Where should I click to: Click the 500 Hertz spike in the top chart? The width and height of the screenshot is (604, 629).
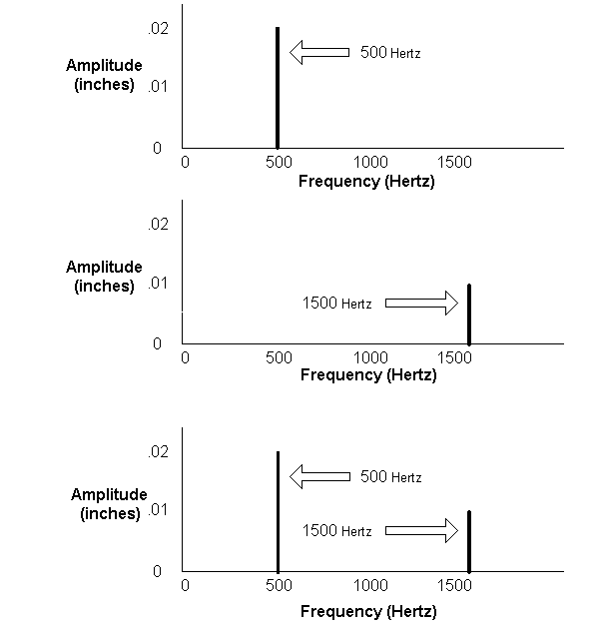(278, 88)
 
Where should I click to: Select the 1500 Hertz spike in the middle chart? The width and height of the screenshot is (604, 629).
(469, 314)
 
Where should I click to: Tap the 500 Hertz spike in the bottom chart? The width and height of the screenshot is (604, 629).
(278, 511)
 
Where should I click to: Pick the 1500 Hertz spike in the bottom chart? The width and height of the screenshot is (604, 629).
(469, 541)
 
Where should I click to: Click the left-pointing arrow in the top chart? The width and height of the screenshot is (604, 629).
(319, 52)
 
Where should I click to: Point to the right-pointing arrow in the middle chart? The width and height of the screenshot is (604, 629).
(421, 303)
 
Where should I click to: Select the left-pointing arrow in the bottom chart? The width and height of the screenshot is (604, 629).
(319, 476)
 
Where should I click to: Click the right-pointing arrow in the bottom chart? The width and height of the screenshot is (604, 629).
(421, 531)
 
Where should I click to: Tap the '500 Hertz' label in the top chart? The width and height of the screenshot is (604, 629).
(390, 53)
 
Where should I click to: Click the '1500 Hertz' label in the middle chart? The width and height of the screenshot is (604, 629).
(336, 304)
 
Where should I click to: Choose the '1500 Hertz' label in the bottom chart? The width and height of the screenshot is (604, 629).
(336, 531)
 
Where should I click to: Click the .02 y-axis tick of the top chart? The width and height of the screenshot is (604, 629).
(159, 29)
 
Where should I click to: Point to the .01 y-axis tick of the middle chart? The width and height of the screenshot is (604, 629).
(158, 284)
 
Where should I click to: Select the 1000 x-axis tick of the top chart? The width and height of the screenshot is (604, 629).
(370, 162)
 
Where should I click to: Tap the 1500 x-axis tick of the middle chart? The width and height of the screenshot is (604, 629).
(454, 357)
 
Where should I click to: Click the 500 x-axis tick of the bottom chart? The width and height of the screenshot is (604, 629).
(279, 585)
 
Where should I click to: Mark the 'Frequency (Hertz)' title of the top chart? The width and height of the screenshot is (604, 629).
(366, 182)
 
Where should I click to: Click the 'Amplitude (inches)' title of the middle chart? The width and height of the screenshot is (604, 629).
(104, 276)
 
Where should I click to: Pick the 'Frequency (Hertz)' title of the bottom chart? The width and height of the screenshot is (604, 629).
(368, 612)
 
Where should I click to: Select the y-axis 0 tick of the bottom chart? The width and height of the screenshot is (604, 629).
(157, 571)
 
